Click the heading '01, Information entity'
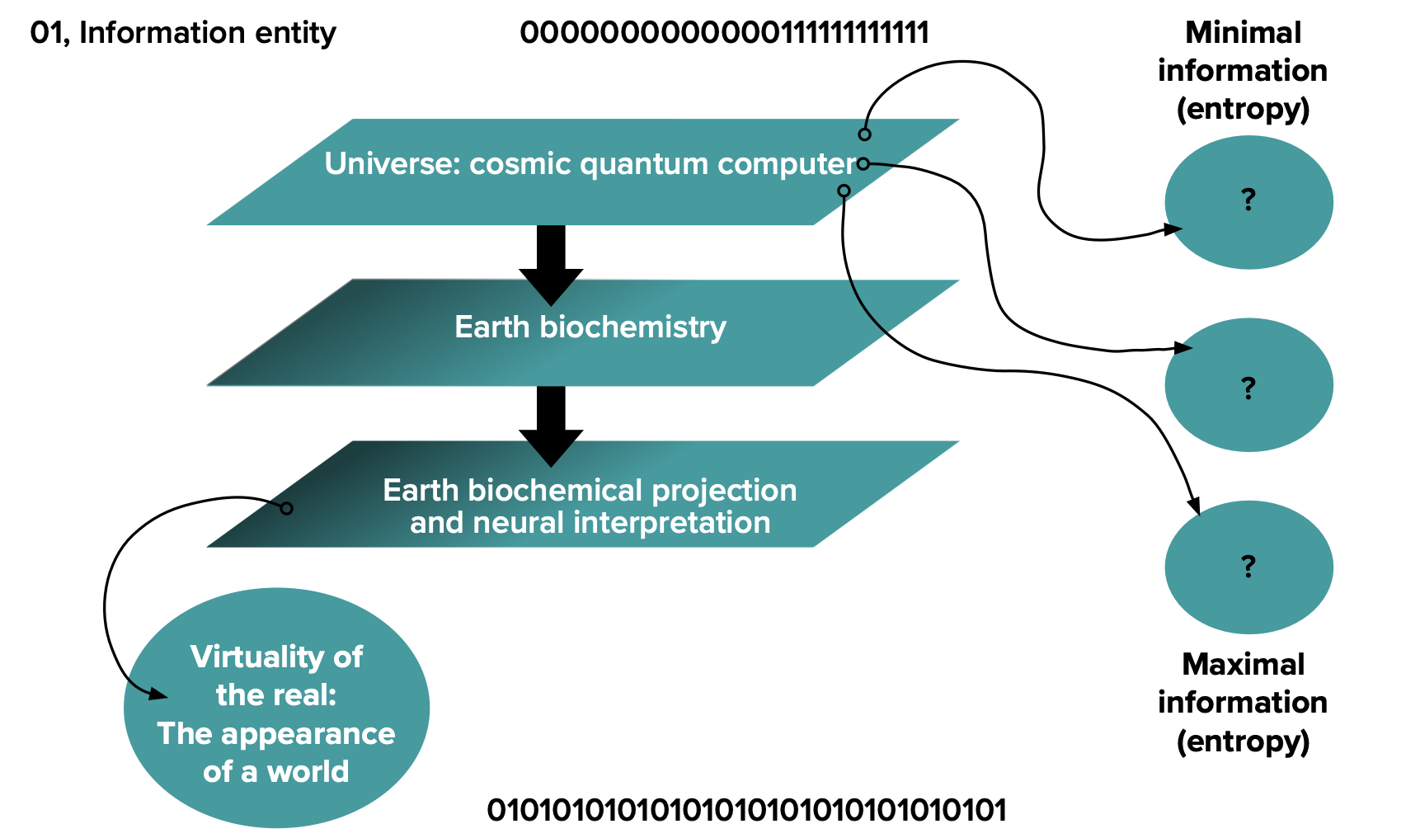[183, 33]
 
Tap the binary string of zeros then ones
[725, 33]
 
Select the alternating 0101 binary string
[746, 810]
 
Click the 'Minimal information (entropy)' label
[1243, 71]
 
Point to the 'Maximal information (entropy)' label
[1243, 703]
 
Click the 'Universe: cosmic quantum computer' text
[590, 163]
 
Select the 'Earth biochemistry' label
[590, 327]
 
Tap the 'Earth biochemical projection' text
[590, 490]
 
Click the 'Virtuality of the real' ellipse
[276, 707]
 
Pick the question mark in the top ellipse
[1248, 200]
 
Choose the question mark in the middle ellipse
[1248, 387]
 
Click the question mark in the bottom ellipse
[1248, 567]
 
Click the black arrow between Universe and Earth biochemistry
[551, 264]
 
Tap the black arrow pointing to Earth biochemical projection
[551, 426]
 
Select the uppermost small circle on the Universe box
[864, 134]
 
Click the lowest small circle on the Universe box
[844, 191]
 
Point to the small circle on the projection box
[286, 508]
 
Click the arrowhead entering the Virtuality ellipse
[158, 694]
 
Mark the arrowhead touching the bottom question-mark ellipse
[1192, 505]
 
